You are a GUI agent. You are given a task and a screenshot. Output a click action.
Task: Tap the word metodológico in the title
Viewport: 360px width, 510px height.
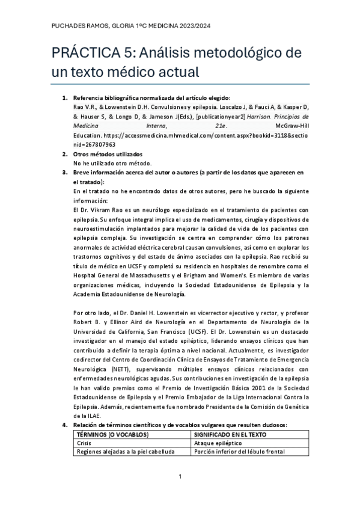click(242, 54)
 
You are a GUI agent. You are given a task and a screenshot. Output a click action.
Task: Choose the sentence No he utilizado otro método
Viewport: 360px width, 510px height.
click(112, 163)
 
